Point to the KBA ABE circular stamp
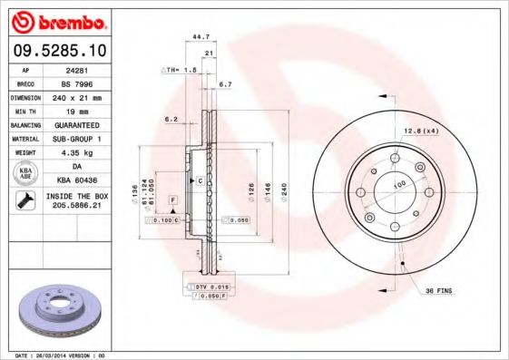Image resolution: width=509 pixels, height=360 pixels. (x=24, y=174)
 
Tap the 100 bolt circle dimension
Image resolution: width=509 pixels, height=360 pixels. (x=396, y=184)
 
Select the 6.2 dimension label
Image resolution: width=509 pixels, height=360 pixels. (x=171, y=119)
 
